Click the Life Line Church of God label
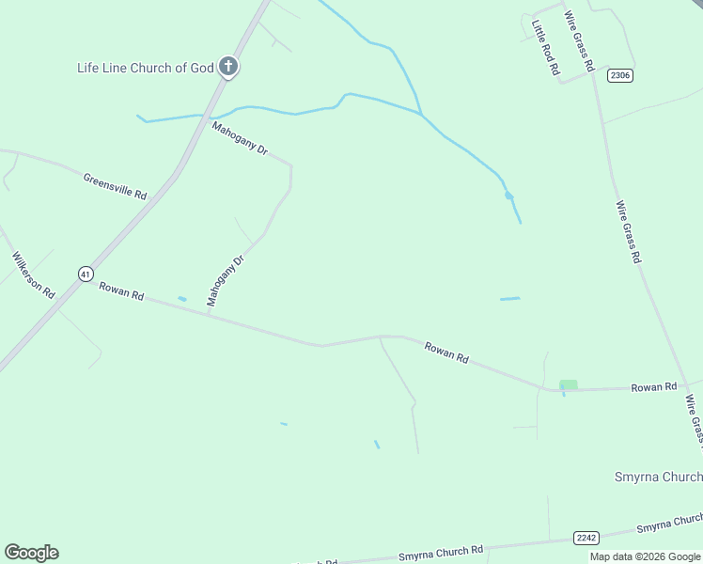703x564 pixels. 145,68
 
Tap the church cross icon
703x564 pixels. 228,67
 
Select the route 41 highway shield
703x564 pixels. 86,274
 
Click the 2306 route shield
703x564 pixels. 619,75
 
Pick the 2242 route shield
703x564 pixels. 586,537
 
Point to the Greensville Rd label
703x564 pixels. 115,186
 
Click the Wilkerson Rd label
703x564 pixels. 33,274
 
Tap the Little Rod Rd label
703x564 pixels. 545,48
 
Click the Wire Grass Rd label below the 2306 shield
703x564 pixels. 628,231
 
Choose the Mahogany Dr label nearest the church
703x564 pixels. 240,138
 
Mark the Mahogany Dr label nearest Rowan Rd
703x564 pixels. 226,279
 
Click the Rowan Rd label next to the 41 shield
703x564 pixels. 121,291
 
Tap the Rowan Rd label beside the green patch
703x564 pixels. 653,387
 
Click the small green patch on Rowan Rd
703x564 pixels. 568,384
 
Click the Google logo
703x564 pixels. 31,553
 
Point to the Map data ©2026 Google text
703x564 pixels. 646,556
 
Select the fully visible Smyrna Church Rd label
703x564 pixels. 441,552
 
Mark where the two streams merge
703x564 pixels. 421,115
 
